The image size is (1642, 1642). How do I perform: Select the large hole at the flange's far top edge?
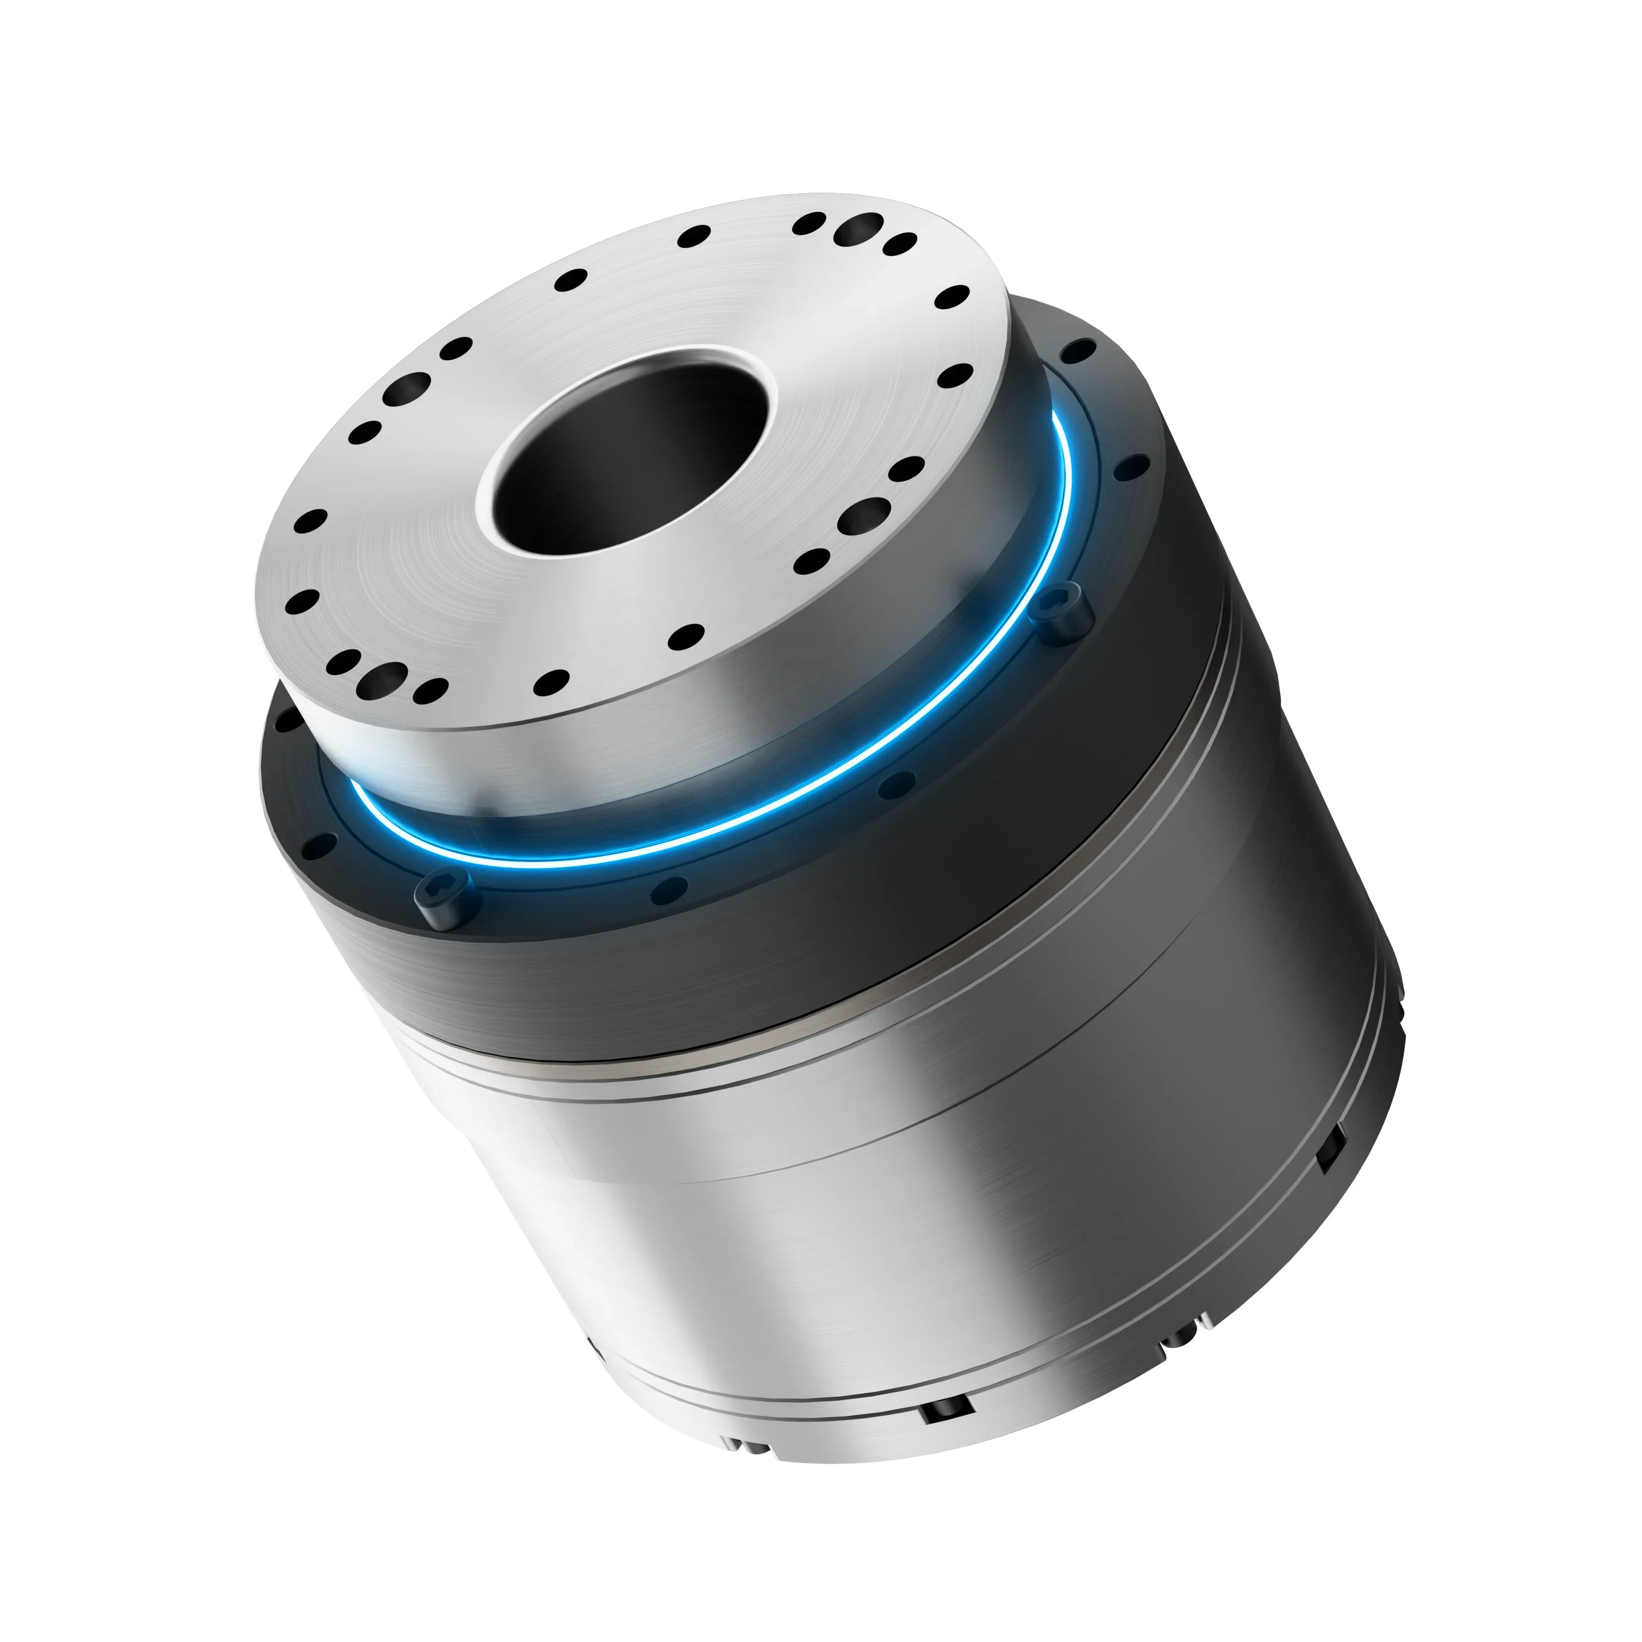859,227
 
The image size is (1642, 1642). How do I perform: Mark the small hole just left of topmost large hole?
809,223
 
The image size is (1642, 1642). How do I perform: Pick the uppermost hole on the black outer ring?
1079,350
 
